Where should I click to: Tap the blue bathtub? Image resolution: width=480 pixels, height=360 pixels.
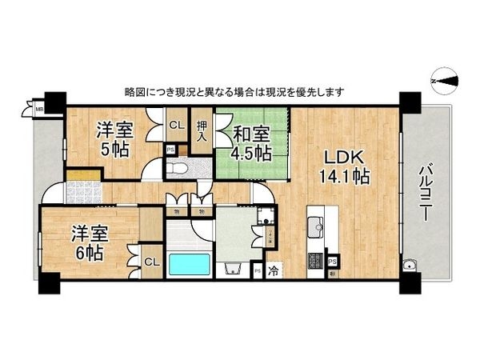pos(188,265)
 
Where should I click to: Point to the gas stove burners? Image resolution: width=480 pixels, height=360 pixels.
pos(314,260)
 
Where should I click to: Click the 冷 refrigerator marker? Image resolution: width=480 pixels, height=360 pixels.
pos(274,270)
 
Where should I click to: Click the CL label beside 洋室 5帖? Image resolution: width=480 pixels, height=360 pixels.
pos(177,124)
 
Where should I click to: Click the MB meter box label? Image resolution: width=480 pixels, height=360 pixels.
pos(38,110)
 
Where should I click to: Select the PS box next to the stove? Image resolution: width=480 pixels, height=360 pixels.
pos(331,261)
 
